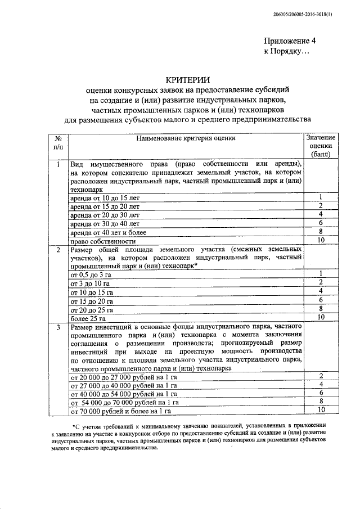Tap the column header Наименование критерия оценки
click(x=186, y=137)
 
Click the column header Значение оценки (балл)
click(x=320, y=145)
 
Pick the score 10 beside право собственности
click(x=320, y=241)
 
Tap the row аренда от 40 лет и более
click(x=107, y=232)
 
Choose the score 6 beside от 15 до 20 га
click(x=320, y=300)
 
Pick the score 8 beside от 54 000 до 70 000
click(x=320, y=402)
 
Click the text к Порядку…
click(x=287, y=51)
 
